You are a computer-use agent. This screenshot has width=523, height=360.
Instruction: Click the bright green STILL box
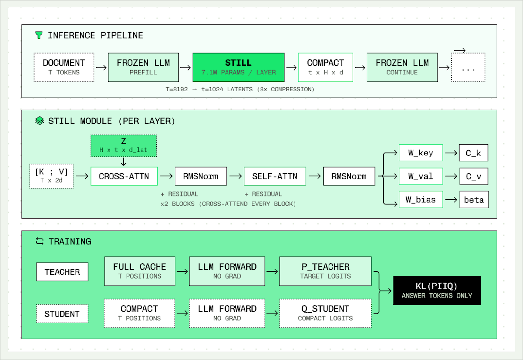coord(238,67)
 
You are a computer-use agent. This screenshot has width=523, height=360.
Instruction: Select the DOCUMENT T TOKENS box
coord(64,67)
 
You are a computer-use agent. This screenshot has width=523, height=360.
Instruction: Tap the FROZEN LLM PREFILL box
coord(143,67)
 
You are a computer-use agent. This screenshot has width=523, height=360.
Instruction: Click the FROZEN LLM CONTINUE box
coord(402,67)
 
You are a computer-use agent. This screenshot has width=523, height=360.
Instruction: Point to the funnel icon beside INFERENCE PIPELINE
coord(39,35)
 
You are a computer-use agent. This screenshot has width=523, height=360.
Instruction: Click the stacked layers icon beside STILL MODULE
coord(40,121)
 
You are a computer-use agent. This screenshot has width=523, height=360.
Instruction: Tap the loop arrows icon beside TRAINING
coord(40,241)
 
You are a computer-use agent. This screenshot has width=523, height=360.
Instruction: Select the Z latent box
coord(124,146)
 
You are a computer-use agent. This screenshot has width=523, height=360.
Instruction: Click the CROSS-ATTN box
coord(124,176)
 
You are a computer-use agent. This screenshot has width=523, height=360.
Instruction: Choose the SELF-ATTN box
coord(275,176)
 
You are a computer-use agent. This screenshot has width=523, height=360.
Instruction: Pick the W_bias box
coord(421,200)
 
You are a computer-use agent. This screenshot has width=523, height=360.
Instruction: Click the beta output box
coord(474,200)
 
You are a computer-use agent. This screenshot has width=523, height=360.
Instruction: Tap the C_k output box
coord(474,153)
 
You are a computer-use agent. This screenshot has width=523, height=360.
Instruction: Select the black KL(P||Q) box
coord(437,290)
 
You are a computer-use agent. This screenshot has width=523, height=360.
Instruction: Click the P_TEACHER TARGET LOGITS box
coord(326,271)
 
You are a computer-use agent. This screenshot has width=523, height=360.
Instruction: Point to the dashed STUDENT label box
coord(62,314)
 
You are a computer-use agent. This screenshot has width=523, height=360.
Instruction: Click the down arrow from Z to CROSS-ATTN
coord(124,161)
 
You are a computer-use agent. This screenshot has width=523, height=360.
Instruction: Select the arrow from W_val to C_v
coord(451,176)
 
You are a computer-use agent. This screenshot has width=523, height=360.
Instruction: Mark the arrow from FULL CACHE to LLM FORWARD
coord(182,271)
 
